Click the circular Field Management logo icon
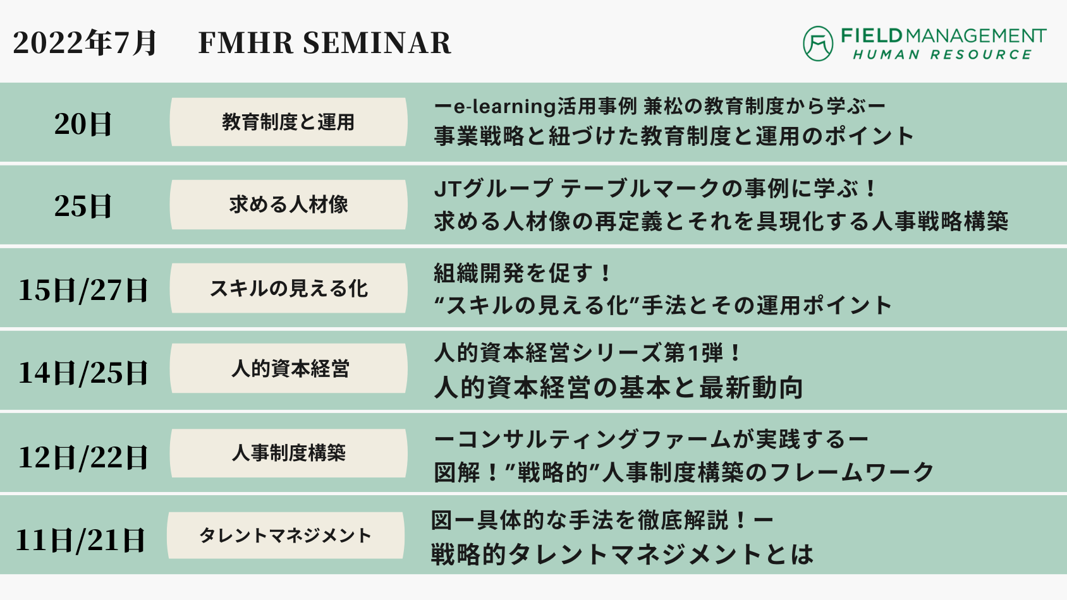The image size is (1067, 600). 818,44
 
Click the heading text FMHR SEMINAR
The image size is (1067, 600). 325,43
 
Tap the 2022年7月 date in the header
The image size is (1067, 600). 84,43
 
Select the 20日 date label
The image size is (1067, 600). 83,124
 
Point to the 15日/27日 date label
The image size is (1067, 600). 83,290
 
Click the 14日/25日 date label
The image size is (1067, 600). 83,373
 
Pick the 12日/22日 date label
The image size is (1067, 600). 83,457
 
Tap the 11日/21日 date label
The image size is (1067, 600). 80,540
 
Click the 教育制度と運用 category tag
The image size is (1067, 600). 289,122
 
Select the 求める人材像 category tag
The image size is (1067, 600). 289,205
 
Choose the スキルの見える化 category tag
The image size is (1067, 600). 289,289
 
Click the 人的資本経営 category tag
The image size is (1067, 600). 289,368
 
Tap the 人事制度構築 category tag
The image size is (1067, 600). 289,453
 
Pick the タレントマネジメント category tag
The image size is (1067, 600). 286,536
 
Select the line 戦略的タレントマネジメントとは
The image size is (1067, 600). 621,554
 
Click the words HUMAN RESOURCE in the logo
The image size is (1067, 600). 942,55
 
